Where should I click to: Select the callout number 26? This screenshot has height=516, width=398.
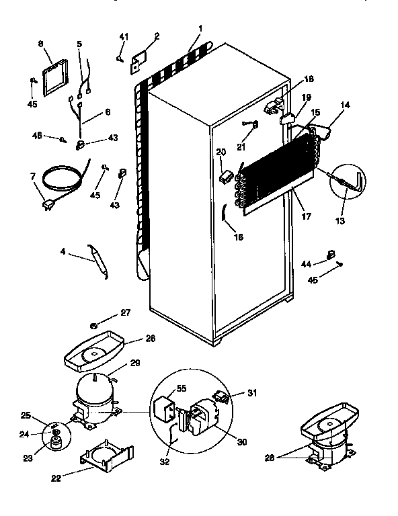(150, 339)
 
